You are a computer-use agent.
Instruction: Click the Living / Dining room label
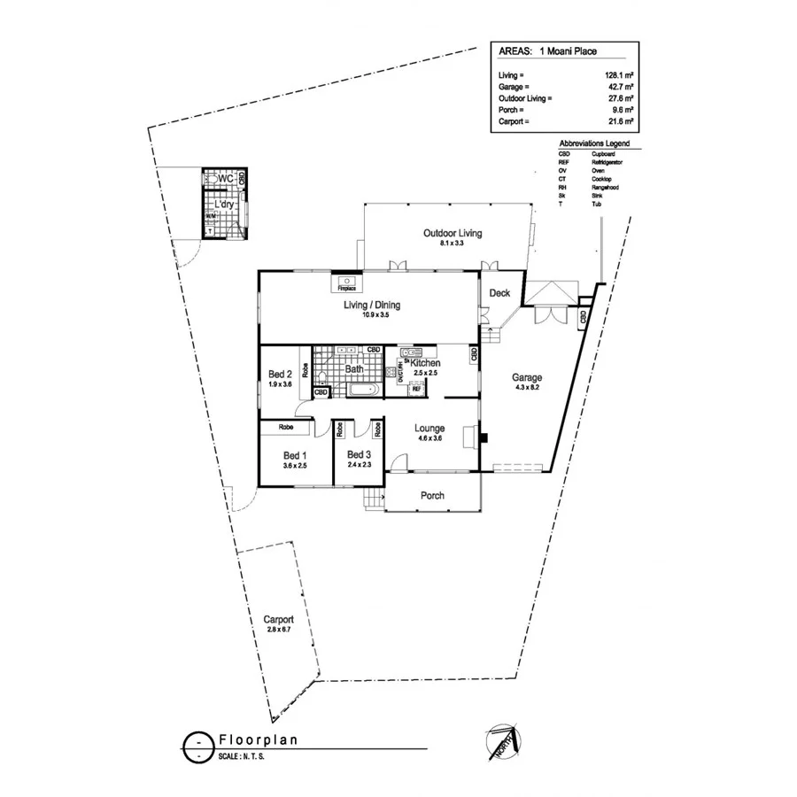(x=372, y=306)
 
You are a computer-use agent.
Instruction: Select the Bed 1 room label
(x=294, y=454)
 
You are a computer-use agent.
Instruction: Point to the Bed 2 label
(x=280, y=374)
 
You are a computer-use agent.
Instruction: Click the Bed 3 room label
(x=359, y=454)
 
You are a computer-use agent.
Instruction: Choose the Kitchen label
(x=425, y=364)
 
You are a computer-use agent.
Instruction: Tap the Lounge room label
(x=429, y=429)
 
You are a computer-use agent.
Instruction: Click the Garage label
(x=527, y=377)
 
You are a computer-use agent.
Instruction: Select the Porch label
(x=432, y=496)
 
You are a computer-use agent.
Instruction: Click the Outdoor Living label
(x=452, y=233)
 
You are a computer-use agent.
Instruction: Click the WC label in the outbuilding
(x=225, y=178)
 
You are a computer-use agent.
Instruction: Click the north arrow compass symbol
(x=503, y=739)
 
